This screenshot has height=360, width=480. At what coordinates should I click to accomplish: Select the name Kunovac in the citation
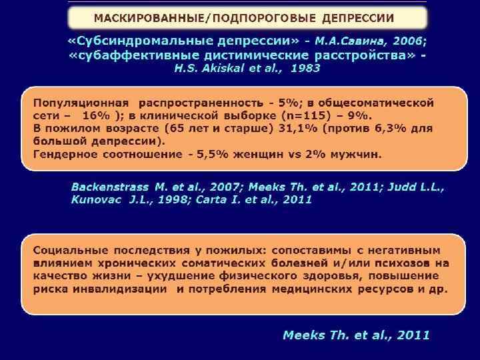pos(97,200)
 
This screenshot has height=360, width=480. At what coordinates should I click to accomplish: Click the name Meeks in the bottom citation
pos(305,335)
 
